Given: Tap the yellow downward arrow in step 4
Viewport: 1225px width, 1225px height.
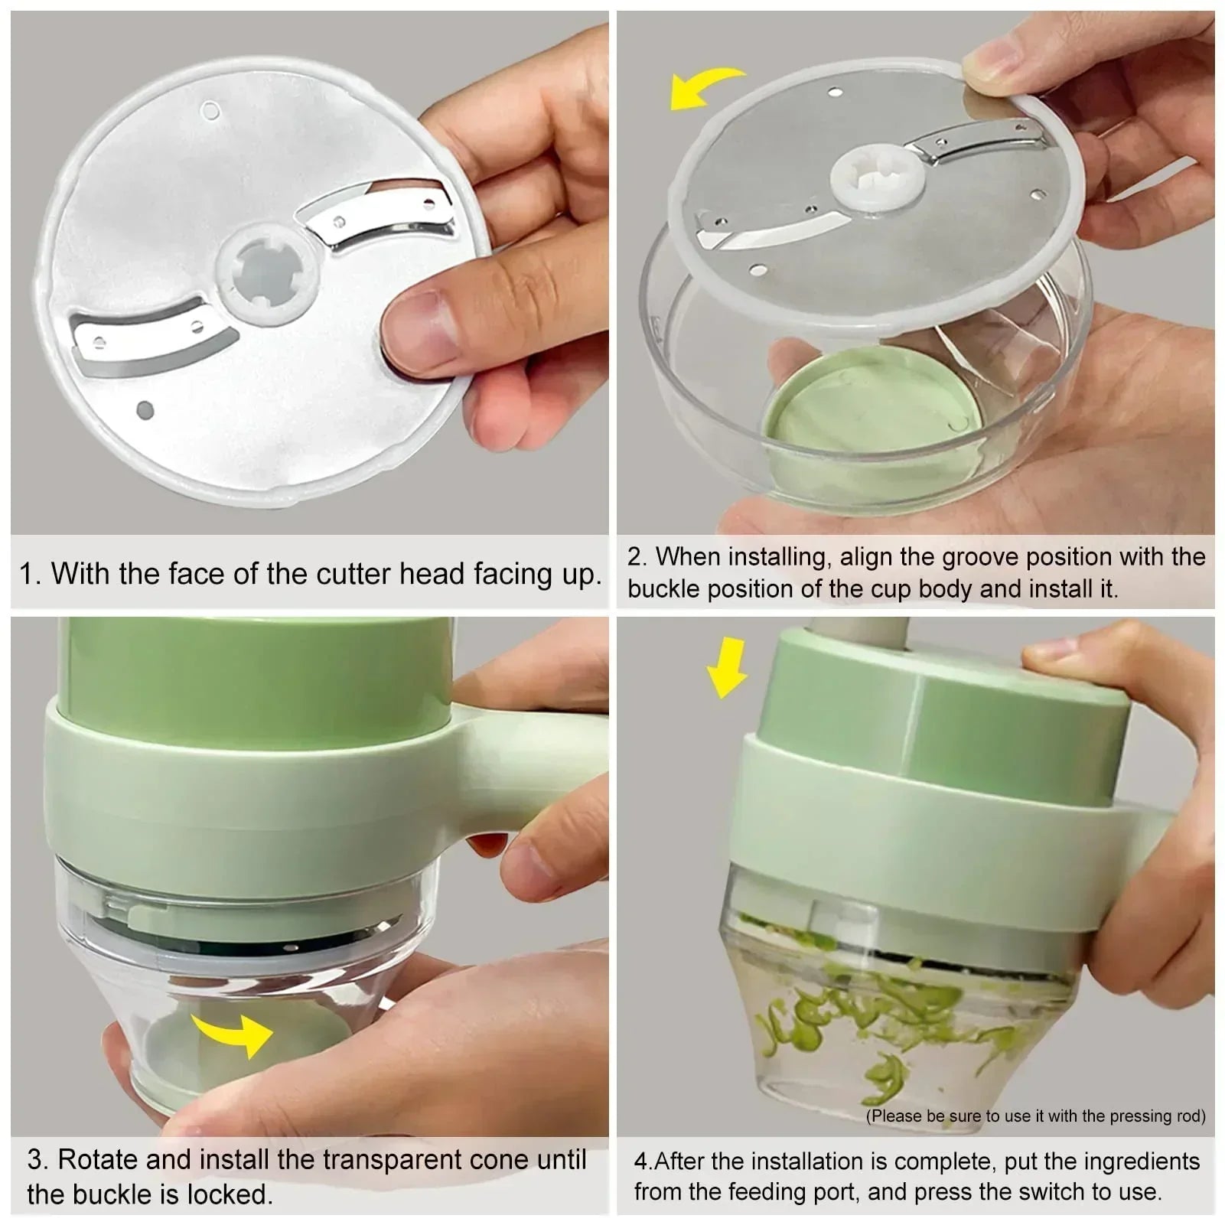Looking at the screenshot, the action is coord(726,666).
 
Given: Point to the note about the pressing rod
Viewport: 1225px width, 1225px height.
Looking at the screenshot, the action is coord(1035,1116).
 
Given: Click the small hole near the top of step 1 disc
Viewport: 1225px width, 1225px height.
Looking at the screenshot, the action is coord(210,111).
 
